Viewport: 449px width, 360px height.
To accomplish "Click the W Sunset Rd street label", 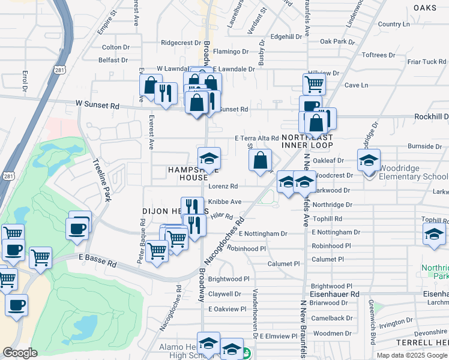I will point(97,105).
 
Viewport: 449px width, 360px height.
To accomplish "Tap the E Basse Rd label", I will point(97,257).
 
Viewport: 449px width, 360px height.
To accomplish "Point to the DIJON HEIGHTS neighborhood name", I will point(175,211).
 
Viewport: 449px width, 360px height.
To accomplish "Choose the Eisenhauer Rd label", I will point(334,295).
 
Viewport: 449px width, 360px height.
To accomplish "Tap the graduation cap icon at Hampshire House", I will point(209,159).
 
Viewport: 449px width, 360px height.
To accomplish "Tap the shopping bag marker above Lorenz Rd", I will point(260,160).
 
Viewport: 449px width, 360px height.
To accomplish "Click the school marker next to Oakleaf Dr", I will point(369,160).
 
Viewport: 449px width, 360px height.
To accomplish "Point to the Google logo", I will point(20,353).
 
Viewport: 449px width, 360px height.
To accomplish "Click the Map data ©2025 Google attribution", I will point(412,355).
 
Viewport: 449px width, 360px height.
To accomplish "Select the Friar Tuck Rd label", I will point(426,62).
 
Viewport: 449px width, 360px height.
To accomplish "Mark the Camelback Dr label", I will point(332,319).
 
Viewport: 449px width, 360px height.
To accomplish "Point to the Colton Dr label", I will point(116,47).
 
